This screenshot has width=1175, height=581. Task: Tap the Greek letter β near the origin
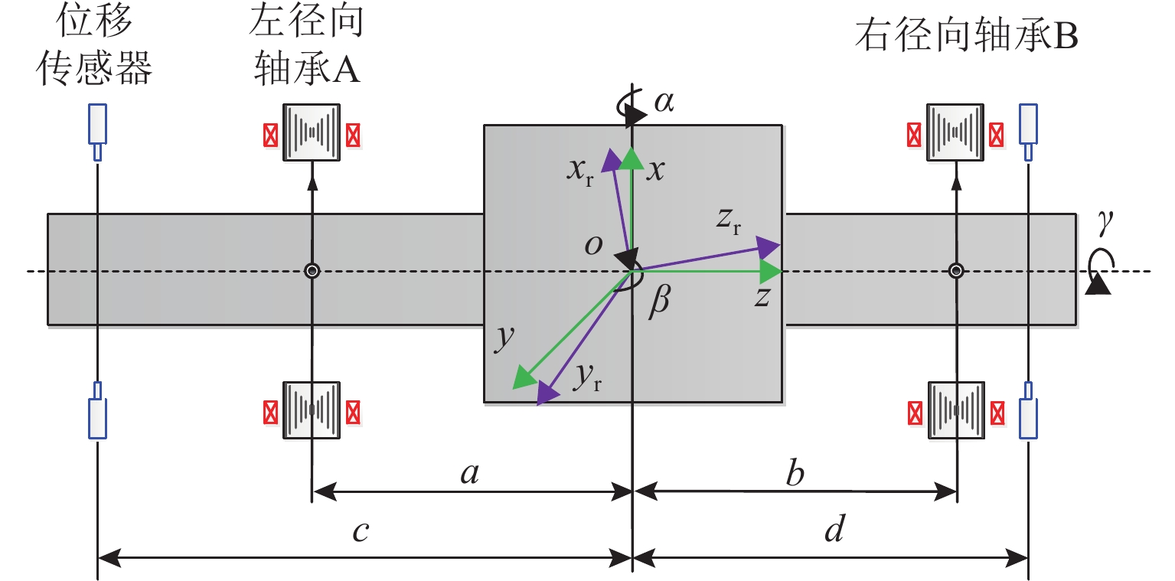pyautogui.click(x=660, y=302)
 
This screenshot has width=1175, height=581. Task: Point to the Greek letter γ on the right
pyautogui.click(x=1105, y=223)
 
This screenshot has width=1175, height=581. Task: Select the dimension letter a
pyautogui.click(x=469, y=474)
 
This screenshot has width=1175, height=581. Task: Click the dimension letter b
pyautogui.click(x=795, y=472)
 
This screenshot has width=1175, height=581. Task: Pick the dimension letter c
pyautogui.click(x=361, y=532)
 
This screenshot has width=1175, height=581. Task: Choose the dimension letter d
pyautogui.click(x=834, y=527)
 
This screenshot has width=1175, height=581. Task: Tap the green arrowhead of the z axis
pyautogui.click(x=771, y=272)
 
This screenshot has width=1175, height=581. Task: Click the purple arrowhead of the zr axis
pyautogui.click(x=768, y=247)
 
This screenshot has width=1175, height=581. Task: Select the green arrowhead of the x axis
pyautogui.click(x=632, y=158)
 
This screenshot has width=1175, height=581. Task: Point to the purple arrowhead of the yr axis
pyautogui.click(x=547, y=393)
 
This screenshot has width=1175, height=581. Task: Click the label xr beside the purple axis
pyautogui.click(x=580, y=171)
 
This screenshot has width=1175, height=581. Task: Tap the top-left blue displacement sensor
pyautogui.click(x=97, y=132)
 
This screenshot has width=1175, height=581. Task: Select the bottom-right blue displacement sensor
pyautogui.click(x=1028, y=410)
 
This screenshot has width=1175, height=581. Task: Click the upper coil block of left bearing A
pyautogui.click(x=312, y=132)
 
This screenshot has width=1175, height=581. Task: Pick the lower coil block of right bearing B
pyautogui.click(x=956, y=410)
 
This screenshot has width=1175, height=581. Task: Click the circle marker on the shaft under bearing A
pyautogui.click(x=312, y=271)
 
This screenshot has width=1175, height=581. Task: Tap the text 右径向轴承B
pyautogui.click(x=966, y=36)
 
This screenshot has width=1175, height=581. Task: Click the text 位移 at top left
pyautogui.click(x=94, y=20)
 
